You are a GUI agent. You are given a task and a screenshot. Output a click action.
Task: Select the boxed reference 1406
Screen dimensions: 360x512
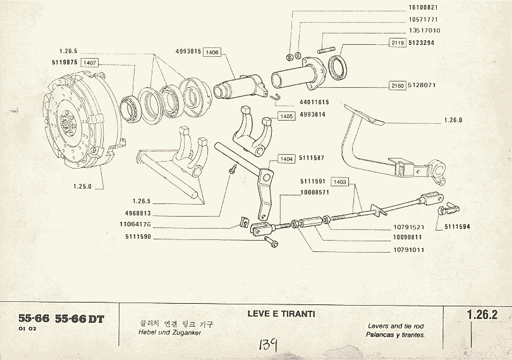[212, 52]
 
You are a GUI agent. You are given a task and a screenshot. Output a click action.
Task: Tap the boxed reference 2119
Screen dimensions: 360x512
[397, 43]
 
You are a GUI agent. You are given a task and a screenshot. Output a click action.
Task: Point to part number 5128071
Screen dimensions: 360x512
[422, 85]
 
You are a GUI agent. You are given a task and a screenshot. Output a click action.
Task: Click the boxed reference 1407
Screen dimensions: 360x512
[90, 63]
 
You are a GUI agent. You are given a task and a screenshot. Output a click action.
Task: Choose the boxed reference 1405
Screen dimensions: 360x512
[286, 116]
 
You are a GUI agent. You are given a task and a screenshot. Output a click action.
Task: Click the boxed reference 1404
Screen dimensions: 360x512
[286, 159]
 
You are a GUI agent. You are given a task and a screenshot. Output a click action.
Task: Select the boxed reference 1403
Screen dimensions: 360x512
[341, 182]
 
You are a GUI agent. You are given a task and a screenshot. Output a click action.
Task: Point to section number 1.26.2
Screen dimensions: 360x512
[481, 314]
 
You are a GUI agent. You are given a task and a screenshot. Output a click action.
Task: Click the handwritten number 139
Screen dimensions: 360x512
[271, 345]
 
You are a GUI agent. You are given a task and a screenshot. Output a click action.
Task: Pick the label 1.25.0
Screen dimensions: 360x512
[82, 186]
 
